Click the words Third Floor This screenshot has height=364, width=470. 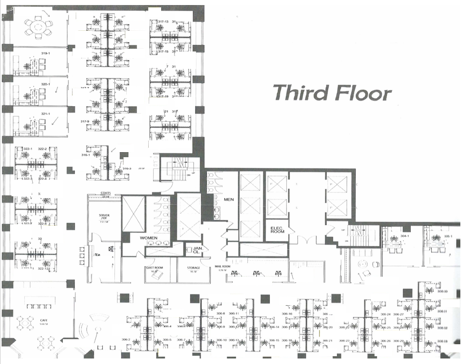332,92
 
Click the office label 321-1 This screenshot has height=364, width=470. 45,114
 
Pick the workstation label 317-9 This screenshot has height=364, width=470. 84,121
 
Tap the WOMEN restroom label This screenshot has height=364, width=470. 149,238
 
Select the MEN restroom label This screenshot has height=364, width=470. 229,200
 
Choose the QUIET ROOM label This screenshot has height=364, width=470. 154,268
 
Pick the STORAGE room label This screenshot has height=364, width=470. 194,268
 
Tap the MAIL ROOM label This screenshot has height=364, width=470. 222,266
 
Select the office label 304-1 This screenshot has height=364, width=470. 404,236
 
